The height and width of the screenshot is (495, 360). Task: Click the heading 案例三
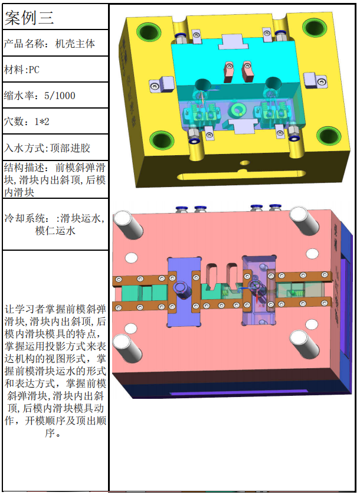click(29, 18)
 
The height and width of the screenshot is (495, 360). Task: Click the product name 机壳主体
click(75, 44)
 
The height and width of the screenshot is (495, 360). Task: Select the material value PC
click(34, 70)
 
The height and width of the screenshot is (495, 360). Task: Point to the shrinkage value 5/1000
click(60, 96)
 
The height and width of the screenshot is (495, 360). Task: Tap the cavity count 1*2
click(42, 121)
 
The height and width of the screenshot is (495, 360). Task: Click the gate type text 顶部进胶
click(70, 147)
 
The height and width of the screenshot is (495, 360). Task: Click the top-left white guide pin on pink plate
click(128, 223)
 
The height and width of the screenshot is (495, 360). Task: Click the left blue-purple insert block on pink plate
click(184, 291)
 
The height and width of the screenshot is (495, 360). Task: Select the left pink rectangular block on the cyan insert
click(228, 70)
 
